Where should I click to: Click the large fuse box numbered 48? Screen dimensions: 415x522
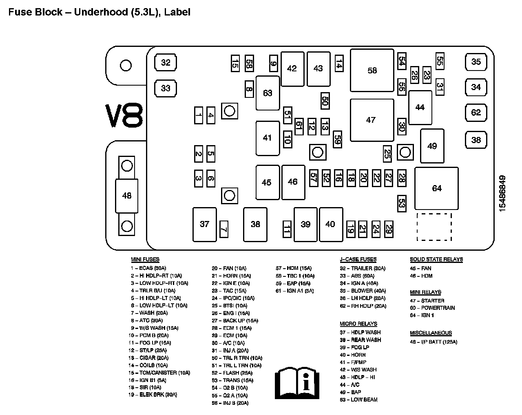(x=127, y=196)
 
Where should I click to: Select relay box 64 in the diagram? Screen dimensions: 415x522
(x=436, y=188)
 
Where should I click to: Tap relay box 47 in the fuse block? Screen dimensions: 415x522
(x=372, y=120)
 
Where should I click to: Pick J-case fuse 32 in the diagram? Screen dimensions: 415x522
(x=166, y=63)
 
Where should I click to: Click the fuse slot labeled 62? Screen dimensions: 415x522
(x=476, y=113)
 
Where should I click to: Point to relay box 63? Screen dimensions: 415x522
(x=268, y=93)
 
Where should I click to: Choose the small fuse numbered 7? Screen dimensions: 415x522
(x=223, y=229)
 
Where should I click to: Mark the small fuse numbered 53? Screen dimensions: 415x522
(x=402, y=203)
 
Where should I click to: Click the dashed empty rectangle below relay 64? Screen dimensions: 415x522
(x=434, y=227)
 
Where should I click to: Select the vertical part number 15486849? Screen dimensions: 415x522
(x=502, y=193)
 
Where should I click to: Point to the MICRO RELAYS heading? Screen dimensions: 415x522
(x=358, y=324)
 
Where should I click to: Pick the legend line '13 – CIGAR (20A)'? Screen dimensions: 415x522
(x=148, y=358)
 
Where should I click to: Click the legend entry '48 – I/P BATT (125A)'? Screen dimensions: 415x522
(x=434, y=342)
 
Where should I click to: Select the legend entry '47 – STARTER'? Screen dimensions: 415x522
(x=427, y=301)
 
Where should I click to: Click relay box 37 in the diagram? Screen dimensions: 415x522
(x=204, y=224)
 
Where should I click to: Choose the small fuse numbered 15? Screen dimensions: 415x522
(x=235, y=63)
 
